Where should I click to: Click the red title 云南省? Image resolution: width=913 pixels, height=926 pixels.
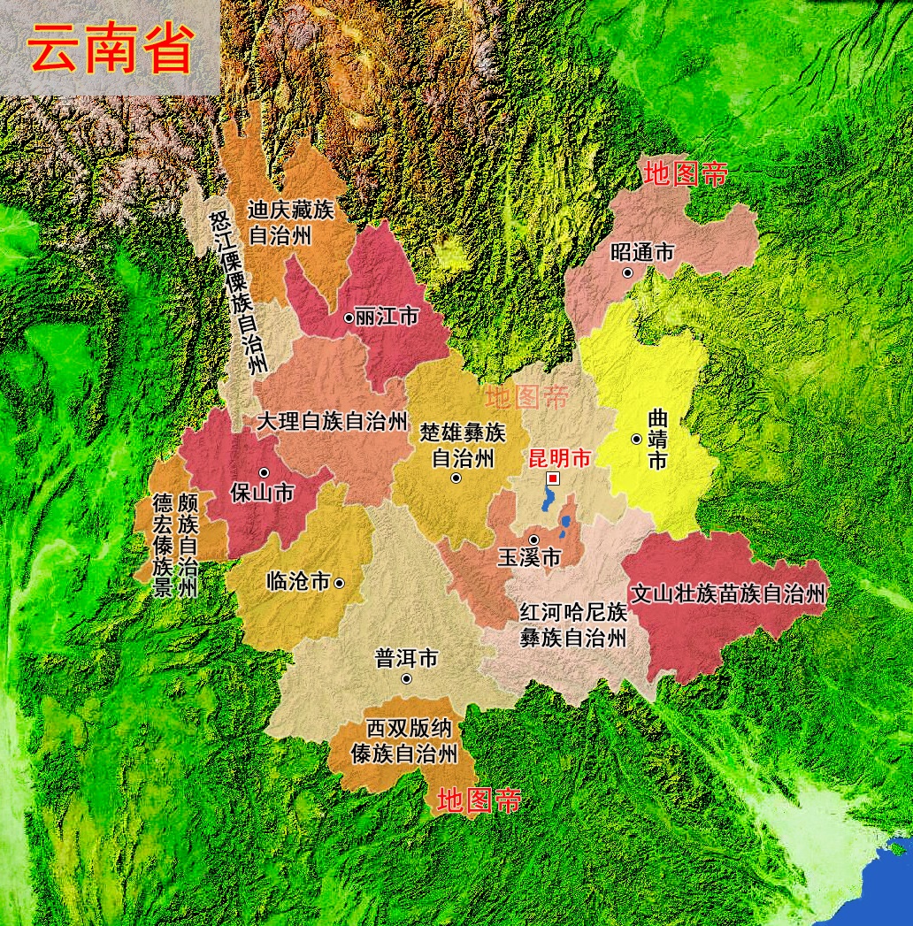(x=111, y=49)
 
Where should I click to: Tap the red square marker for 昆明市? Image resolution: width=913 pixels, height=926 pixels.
(x=553, y=478)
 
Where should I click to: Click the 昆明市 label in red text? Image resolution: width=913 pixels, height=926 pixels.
(x=558, y=458)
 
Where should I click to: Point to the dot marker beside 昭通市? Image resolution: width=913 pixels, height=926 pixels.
(x=628, y=272)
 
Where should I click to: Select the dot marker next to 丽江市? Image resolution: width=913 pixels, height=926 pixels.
(x=349, y=317)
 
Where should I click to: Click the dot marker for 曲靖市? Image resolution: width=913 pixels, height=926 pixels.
(x=636, y=439)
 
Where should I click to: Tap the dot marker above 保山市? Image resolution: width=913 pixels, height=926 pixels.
(x=264, y=472)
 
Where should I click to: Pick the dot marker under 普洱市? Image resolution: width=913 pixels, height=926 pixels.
(x=406, y=678)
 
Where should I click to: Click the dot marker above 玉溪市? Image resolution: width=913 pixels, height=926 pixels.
(x=533, y=539)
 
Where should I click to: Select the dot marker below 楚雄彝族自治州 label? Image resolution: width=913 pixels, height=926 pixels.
(x=456, y=478)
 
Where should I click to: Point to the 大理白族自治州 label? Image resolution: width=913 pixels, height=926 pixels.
(x=332, y=421)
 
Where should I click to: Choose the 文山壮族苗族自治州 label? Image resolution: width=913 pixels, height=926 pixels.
(x=727, y=593)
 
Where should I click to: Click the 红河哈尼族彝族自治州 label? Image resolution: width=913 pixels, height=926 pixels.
(x=572, y=624)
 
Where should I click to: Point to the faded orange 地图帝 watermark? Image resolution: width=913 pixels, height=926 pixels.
(x=526, y=397)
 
